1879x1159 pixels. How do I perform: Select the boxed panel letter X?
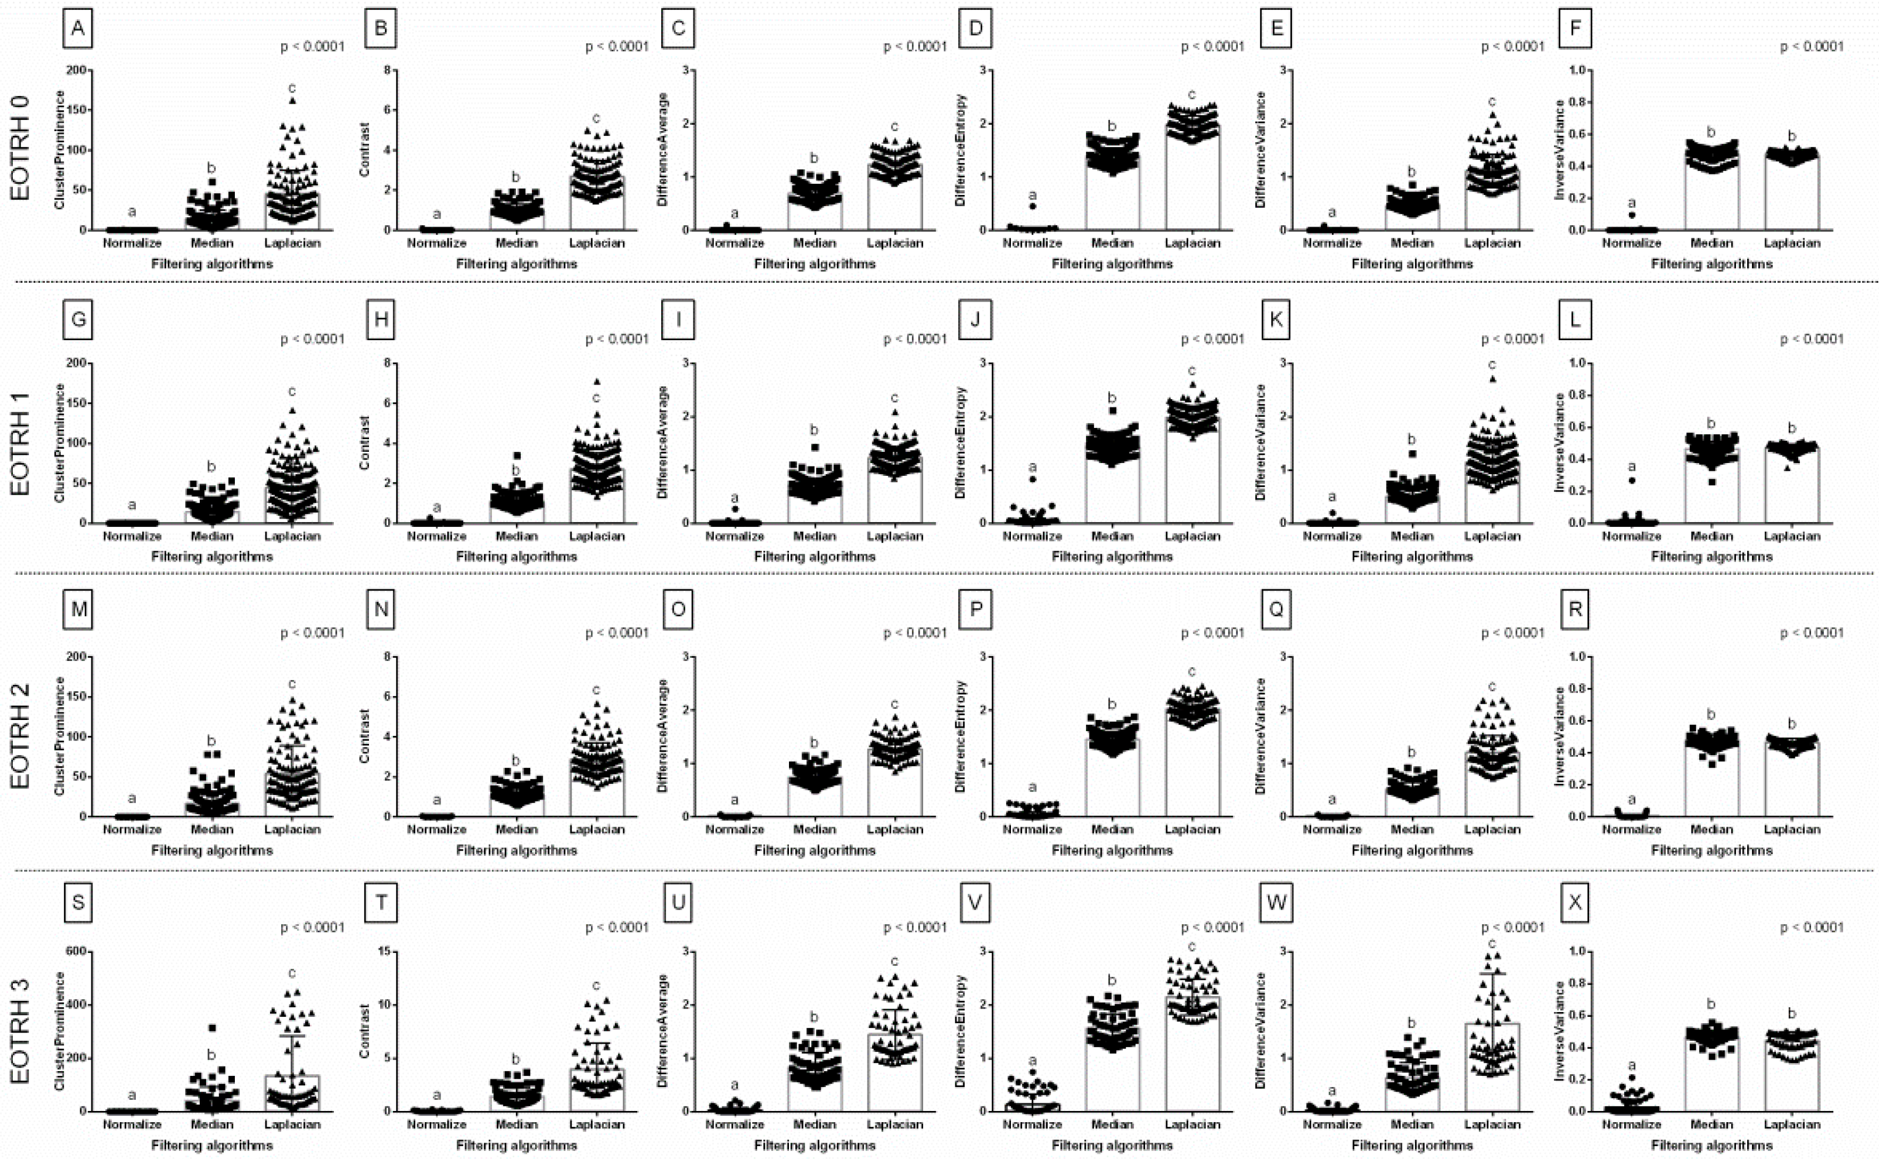(1574, 902)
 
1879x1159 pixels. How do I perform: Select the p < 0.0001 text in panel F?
(1810, 47)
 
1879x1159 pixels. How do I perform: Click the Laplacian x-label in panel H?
(597, 536)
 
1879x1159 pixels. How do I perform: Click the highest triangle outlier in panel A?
(292, 101)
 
